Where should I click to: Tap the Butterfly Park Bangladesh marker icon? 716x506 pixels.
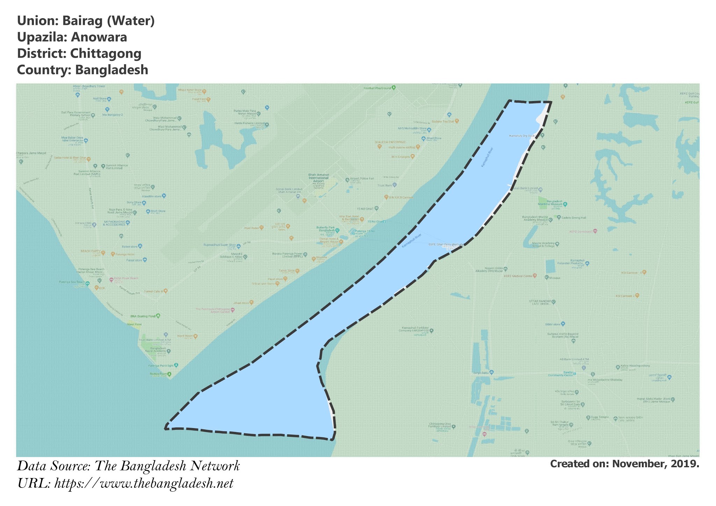[x=337, y=231]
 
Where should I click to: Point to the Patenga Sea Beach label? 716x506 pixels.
[x=72, y=282]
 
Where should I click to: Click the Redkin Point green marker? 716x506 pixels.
[x=169, y=374]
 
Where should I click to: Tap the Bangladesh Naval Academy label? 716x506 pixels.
[x=158, y=350]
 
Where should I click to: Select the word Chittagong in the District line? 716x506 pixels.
[x=106, y=53]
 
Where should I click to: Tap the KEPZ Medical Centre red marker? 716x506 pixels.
[x=535, y=276]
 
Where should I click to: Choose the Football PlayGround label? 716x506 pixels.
[x=377, y=88]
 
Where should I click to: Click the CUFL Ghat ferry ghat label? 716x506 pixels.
[x=443, y=244]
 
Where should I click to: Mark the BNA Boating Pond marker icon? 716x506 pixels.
[x=158, y=316]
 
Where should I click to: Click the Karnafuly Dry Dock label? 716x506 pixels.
[x=522, y=136]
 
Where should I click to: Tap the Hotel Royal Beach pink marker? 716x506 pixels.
[x=111, y=280]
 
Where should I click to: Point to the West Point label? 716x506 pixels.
[x=134, y=324]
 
